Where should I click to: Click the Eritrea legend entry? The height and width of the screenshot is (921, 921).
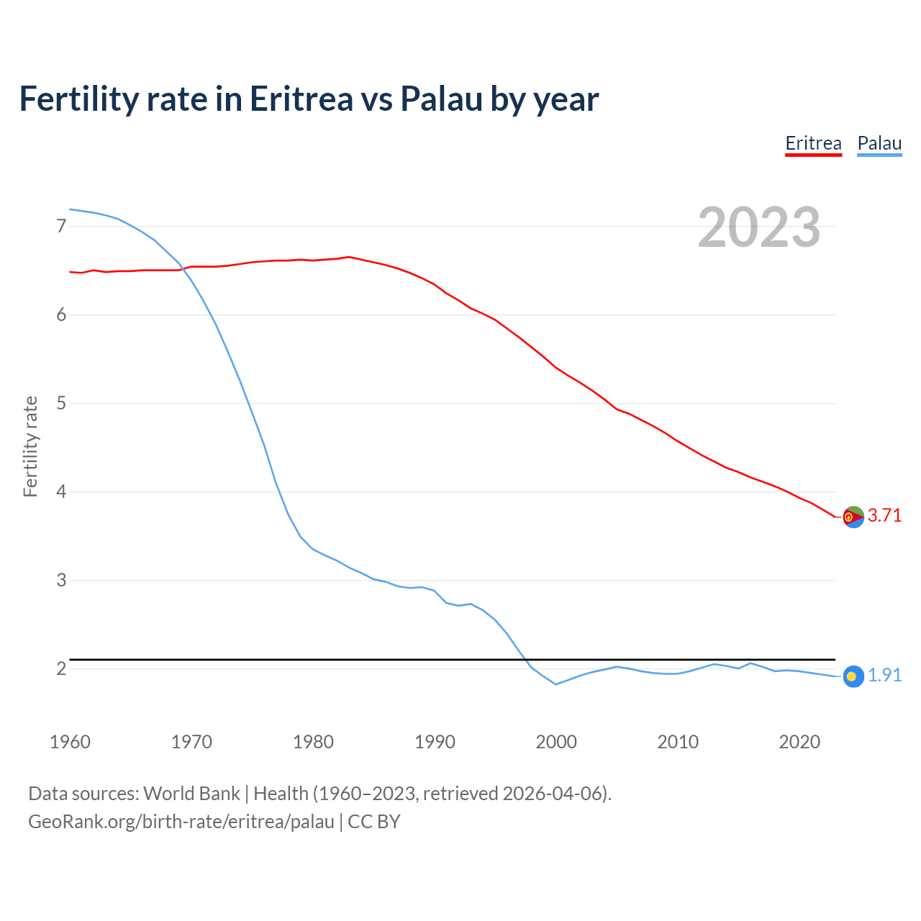[x=813, y=143]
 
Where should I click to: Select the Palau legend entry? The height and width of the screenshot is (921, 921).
[x=879, y=143]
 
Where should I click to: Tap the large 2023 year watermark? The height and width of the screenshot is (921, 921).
[x=759, y=227]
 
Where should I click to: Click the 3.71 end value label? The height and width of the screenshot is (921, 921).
[x=884, y=515]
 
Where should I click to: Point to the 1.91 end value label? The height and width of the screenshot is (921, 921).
[x=884, y=675]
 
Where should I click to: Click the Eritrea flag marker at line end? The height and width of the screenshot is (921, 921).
[x=853, y=517]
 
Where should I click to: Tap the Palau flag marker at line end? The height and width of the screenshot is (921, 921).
[x=853, y=676]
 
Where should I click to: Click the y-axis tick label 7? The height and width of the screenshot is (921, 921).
[x=61, y=227]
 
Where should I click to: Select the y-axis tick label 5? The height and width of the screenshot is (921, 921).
[x=61, y=404]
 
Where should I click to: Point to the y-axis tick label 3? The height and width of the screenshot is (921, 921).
[x=61, y=580]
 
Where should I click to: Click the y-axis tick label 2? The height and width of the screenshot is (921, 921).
[x=61, y=669]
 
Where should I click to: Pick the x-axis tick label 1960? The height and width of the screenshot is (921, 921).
[x=70, y=742]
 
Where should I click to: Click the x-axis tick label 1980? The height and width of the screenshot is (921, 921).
[x=313, y=742]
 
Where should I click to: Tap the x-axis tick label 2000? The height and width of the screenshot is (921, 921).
[x=556, y=742]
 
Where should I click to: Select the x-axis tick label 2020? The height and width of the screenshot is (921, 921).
[x=799, y=742]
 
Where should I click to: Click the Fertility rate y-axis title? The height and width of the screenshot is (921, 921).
[x=30, y=446]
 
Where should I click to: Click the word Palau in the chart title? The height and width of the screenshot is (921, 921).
[x=441, y=99]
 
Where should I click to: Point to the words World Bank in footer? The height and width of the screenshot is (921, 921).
[x=191, y=794]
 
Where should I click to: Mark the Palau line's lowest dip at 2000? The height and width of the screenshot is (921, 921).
[x=555, y=684]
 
